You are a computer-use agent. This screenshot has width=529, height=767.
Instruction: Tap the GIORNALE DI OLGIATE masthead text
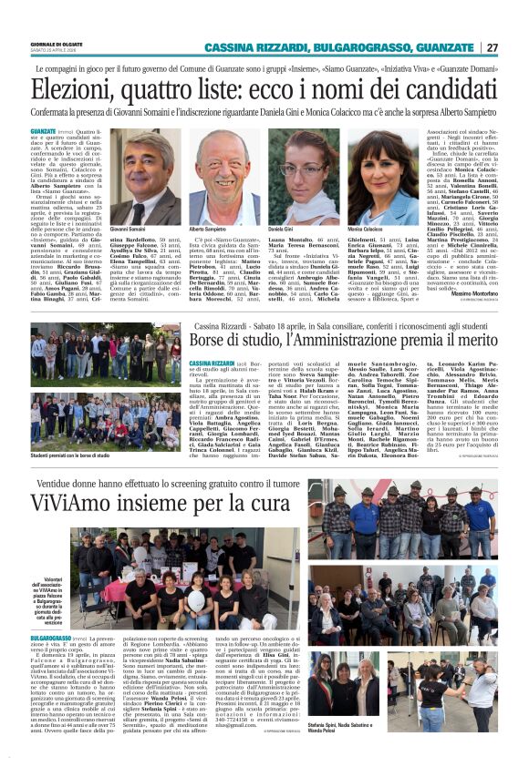point(57,44)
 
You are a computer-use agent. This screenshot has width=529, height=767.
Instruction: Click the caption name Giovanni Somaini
point(128,230)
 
